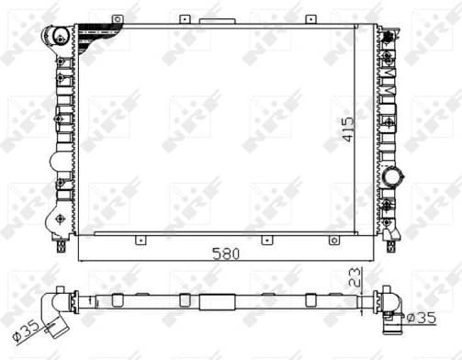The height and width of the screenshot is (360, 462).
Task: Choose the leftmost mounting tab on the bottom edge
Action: pos(141,241)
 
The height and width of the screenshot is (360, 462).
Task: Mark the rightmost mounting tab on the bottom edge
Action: pos(332,241)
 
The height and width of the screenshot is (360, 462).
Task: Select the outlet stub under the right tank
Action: pos(393,245)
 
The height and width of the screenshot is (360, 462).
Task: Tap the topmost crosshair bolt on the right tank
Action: pos(389,35)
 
